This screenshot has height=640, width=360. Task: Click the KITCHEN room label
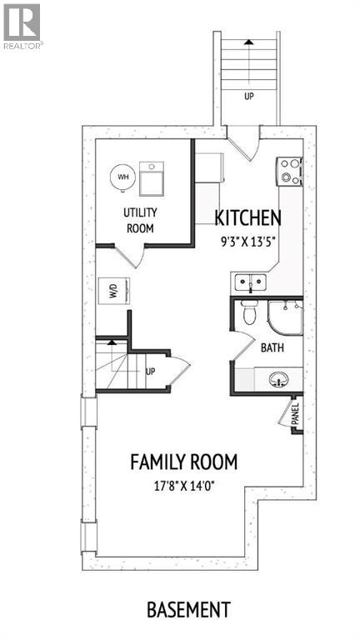(247, 218)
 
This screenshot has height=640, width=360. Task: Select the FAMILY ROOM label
(183, 462)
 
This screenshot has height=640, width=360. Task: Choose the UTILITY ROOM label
(140, 220)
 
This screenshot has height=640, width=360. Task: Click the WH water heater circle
(122, 177)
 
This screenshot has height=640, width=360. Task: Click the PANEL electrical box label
(295, 414)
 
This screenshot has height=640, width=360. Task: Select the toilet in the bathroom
(247, 314)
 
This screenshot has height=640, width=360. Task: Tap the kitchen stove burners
(291, 171)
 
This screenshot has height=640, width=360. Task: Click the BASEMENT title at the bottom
(188, 610)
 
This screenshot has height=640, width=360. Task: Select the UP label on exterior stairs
(248, 97)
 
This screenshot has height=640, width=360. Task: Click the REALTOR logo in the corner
(22, 25)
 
